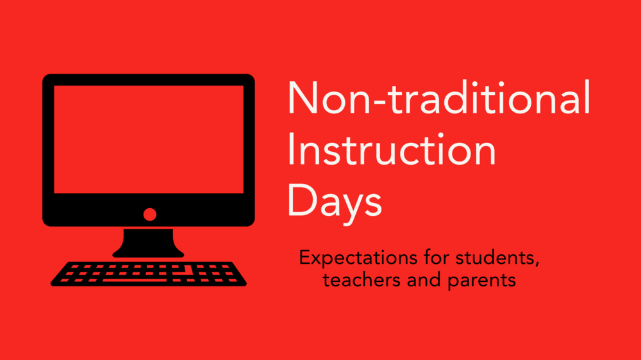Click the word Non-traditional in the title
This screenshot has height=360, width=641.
coord(438,99)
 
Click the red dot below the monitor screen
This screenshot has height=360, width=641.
coord(150,215)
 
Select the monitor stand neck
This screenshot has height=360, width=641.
coord(148,240)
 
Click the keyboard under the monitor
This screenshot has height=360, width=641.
coord(148,274)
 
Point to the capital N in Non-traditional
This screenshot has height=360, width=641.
coord(301,99)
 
